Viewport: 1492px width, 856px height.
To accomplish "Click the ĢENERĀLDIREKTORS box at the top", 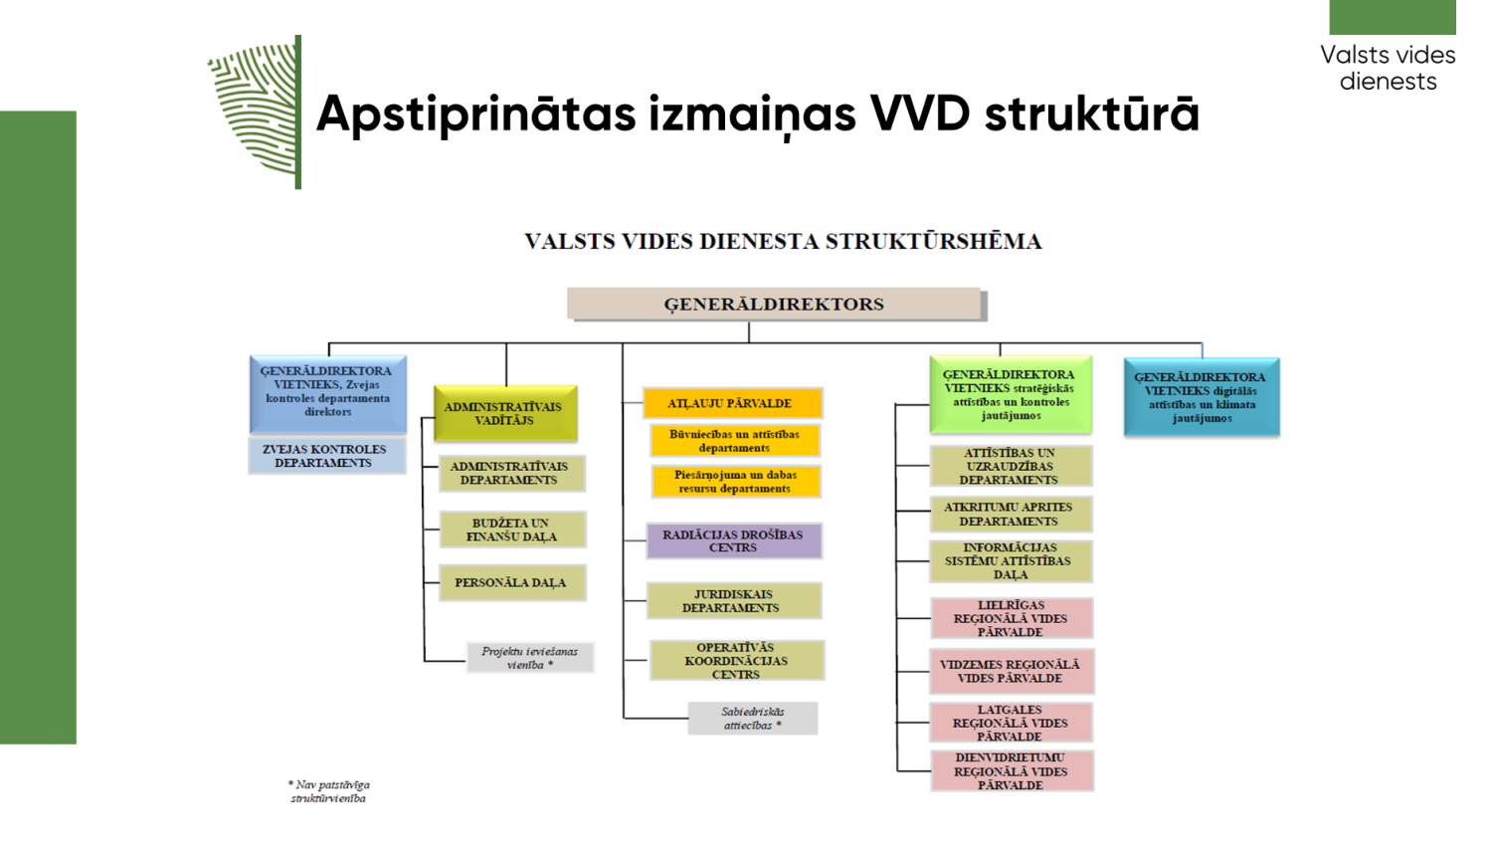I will (774, 304).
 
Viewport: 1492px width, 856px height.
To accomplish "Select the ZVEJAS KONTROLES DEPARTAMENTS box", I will (326, 456).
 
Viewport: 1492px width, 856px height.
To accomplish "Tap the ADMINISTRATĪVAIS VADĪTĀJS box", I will (504, 413).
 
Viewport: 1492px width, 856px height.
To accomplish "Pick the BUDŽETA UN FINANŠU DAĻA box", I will (511, 530).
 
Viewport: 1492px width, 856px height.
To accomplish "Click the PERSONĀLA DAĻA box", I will (511, 582).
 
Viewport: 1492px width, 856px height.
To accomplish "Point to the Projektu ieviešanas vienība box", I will (530, 658).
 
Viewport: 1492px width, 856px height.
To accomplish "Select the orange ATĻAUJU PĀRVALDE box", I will (731, 403).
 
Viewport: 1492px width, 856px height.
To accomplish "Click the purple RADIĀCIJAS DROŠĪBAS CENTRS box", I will (733, 541).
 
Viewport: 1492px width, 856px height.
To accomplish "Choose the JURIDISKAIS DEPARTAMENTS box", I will (733, 601).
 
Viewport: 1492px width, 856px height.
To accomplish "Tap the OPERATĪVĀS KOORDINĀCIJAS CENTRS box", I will (736, 661).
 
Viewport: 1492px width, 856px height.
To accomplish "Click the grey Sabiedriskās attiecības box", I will (753, 719).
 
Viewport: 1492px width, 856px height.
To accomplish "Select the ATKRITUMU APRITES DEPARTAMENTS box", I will (1011, 514).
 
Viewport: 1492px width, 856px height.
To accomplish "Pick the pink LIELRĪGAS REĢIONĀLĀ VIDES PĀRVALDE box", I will (1011, 618).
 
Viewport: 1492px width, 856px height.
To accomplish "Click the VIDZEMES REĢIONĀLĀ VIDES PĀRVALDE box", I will (1011, 671).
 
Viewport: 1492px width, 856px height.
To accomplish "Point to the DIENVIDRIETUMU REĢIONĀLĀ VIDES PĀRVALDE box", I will (1011, 771).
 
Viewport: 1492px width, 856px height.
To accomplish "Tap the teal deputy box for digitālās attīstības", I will (1202, 397).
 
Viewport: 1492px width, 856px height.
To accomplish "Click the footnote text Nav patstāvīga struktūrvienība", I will (329, 791).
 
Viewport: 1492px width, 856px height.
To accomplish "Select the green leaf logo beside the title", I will (254, 111).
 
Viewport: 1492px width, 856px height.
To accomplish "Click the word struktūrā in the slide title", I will (1091, 113).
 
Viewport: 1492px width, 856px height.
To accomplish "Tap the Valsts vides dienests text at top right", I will (1388, 68).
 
